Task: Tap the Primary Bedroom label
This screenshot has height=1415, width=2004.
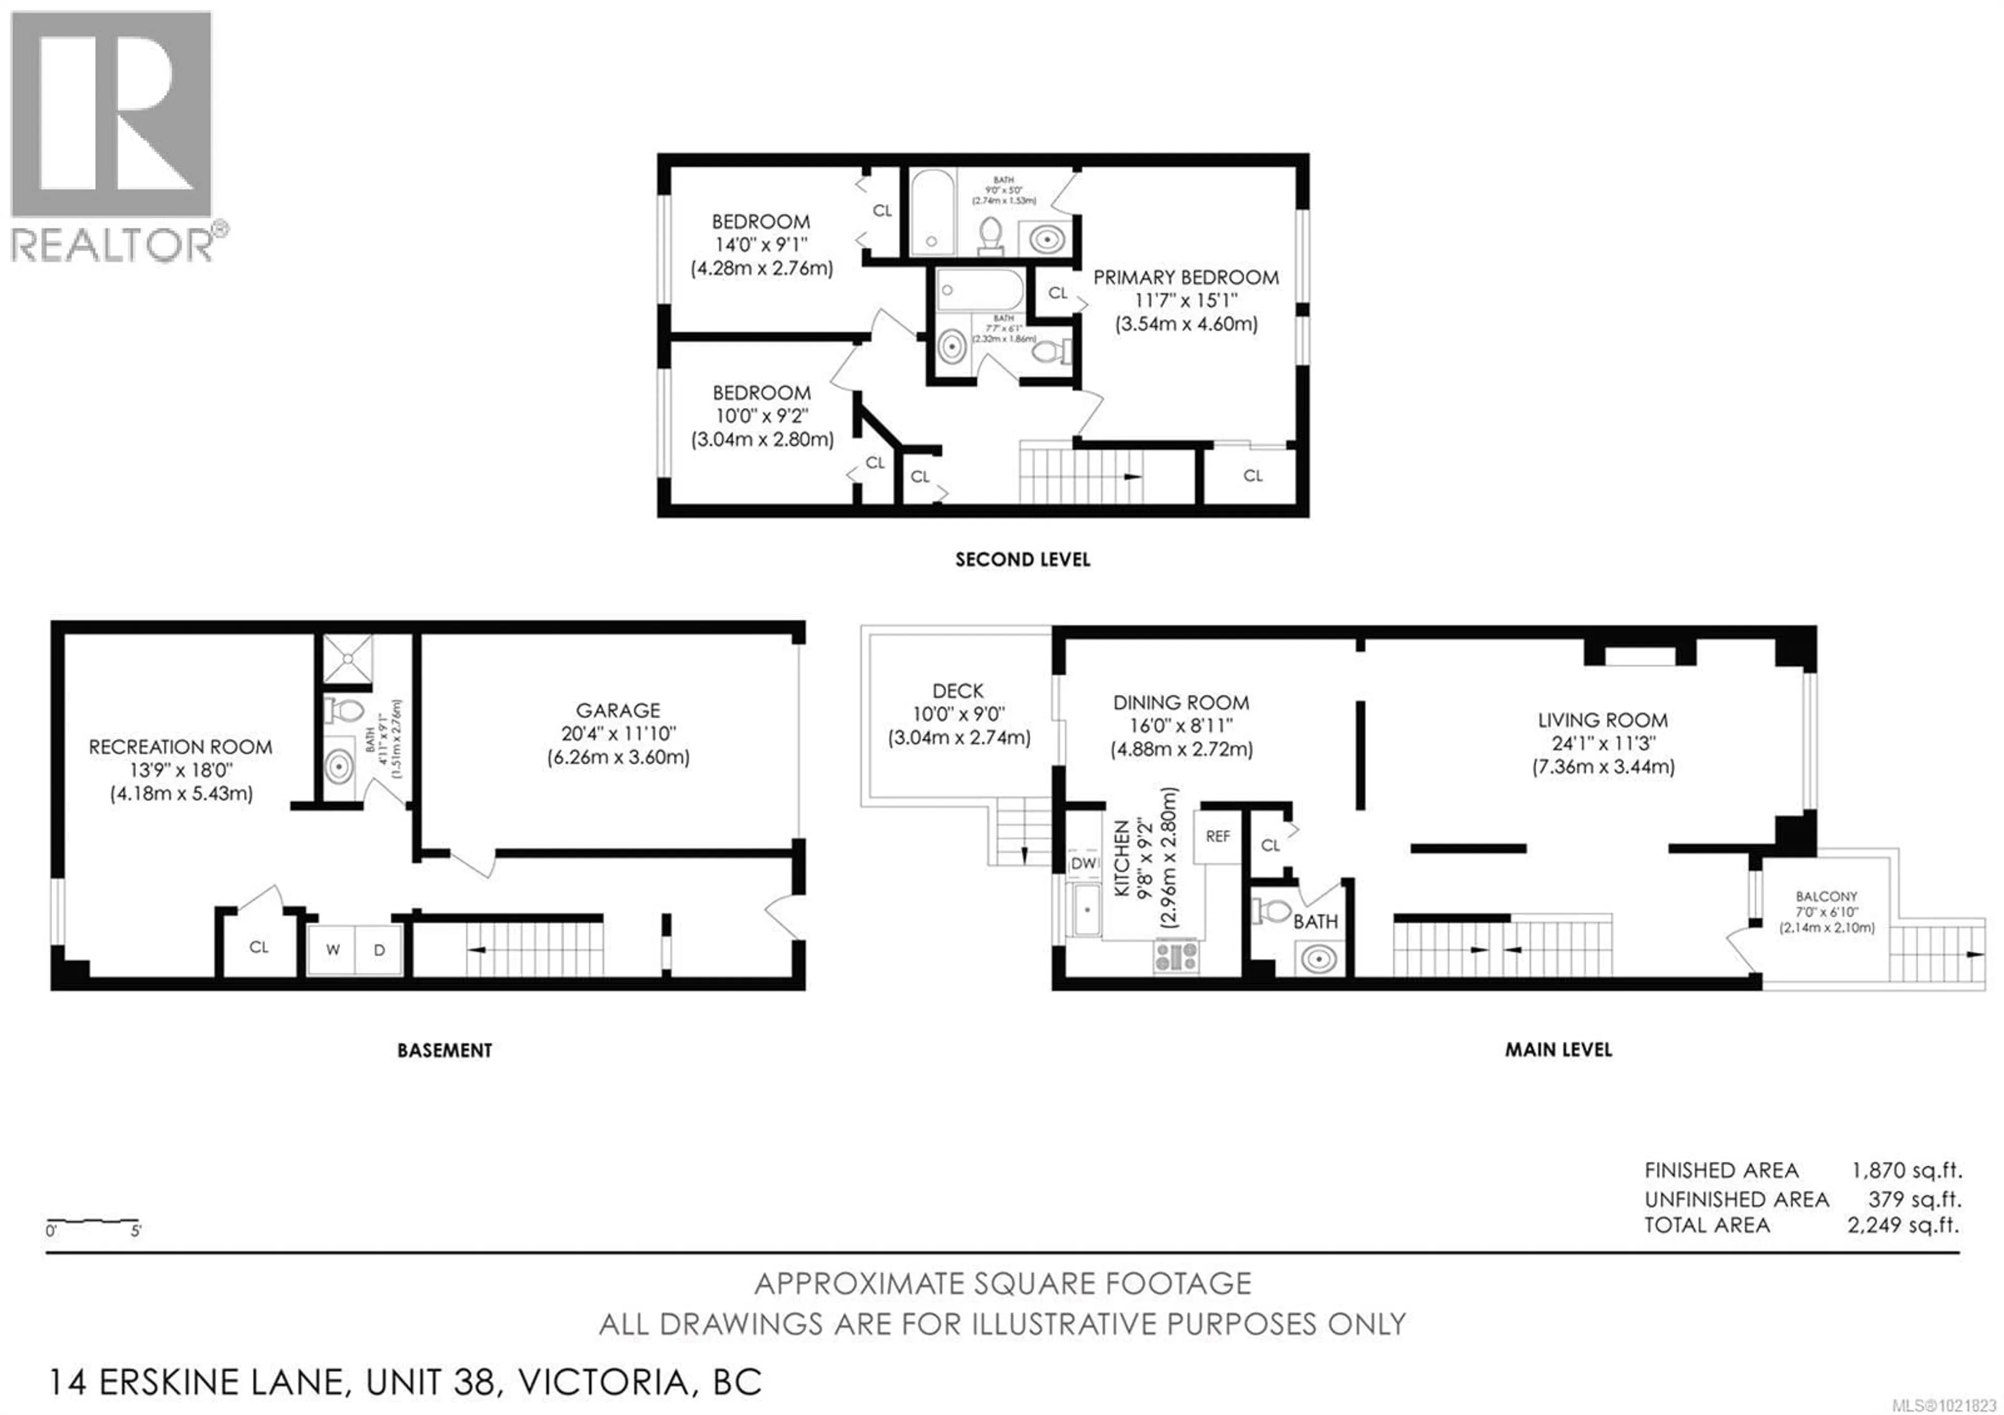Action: (1185, 278)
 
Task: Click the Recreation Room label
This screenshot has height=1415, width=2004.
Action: (180, 747)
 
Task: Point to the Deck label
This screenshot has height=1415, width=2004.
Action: (958, 691)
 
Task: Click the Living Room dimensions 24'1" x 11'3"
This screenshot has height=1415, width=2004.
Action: (1603, 744)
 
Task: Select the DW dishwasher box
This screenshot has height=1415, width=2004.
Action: (1084, 864)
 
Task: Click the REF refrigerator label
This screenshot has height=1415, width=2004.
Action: (1218, 836)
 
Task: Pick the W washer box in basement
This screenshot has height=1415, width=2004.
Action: (332, 950)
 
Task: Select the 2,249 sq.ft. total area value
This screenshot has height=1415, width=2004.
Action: (1904, 1225)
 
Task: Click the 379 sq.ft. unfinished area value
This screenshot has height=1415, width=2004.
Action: (1914, 1198)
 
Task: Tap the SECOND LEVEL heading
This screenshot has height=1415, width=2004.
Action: (1022, 560)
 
